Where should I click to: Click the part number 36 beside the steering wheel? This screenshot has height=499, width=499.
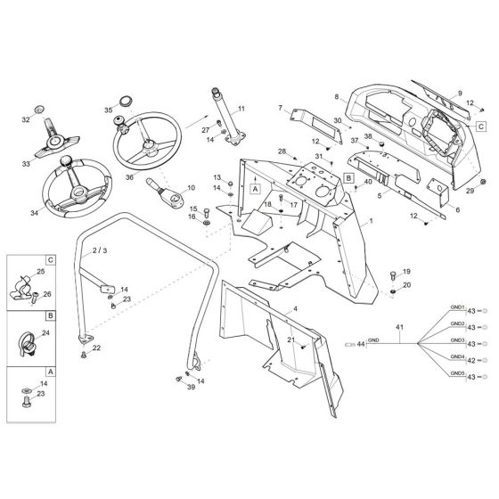(130, 177)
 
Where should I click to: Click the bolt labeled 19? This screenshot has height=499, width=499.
(392, 274)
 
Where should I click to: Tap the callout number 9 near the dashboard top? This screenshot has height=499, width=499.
(461, 93)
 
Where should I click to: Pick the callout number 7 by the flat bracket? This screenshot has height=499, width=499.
(280, 108)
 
